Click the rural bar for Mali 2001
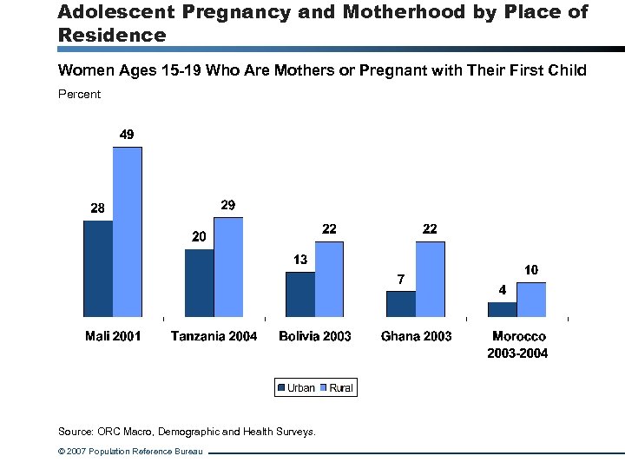[x=128, y=232]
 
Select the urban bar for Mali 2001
[x=98, y=268]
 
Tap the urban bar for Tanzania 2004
[x=199, y=283]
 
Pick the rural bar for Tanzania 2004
[x=228, y=267]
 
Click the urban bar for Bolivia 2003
[x=300, y=294]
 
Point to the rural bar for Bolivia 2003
[x=329, y=279]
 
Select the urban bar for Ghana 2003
[x=401, y=304]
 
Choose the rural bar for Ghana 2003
[x=431, y=279]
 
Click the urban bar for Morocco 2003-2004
[x=502, y=309]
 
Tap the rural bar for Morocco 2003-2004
[x=531, y=300]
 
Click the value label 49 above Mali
[x=127, y=135]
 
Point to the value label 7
[x=400, y=280]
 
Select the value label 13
[x=300, y=260]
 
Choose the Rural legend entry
[x=337, y=388]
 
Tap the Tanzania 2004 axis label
[x=214, y=336]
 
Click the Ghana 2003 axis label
[x=416, y=336]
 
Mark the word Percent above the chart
[x=79, y=94]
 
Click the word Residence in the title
[x=111, y=36]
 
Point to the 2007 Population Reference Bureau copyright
[x=130, y=452]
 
